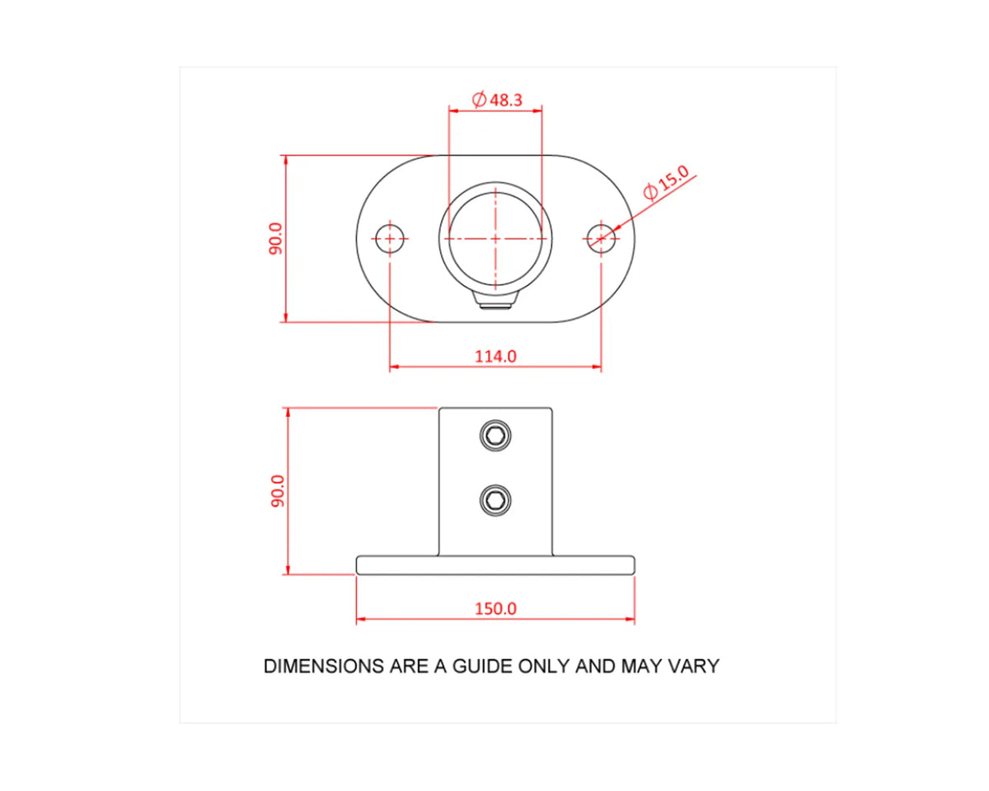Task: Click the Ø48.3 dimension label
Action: [x=497, y=100]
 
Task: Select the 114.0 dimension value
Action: [x=495, y=356]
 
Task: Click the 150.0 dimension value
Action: [x=495, y=609]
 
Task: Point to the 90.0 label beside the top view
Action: [x=276, y=239]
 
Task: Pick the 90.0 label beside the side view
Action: [x=278, y=491]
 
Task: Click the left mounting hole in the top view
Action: [x=390, y=239]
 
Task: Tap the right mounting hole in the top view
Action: [x=601, y=239]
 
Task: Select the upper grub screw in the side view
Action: [x=495, y=435]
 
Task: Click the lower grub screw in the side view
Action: [x=495, y=499]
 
